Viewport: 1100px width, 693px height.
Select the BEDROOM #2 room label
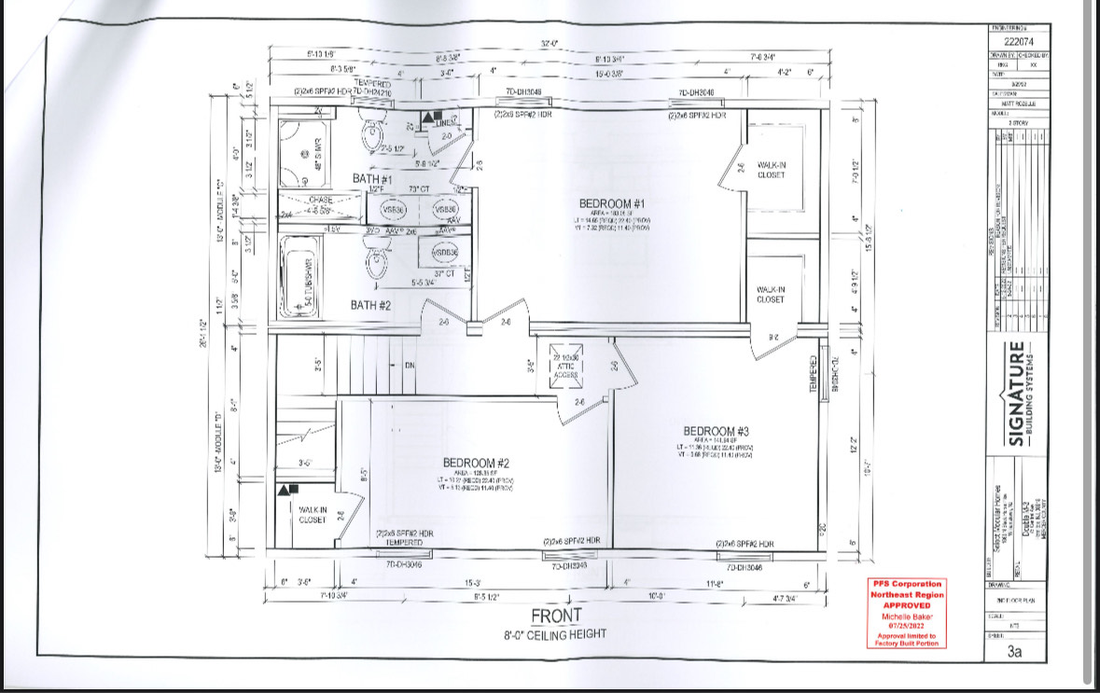(476, 463)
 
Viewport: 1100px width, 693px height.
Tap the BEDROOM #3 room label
(717, 431)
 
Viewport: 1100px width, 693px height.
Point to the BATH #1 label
(373, 178)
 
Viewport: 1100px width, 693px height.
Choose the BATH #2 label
(371, 305)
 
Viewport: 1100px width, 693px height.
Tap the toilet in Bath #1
(375, 138)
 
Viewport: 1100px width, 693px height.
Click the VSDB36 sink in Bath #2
(438, 252)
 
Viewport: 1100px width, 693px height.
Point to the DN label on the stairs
(409, 366)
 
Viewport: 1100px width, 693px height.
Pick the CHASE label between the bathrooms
(321, 200)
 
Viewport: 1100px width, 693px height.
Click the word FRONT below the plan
(556, 617)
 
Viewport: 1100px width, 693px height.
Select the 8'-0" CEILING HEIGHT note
(556, 635)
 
